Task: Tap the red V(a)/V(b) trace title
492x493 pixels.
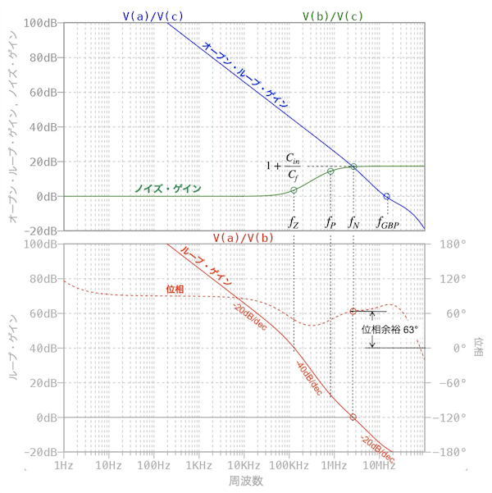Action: pos(244,237)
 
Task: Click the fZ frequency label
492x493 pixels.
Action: pos(294,221)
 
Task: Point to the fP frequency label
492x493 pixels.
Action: pos(330,221)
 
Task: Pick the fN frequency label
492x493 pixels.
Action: pos(353,221)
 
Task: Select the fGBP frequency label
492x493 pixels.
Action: pos(387,221)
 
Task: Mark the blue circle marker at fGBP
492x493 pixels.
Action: pos(386,196)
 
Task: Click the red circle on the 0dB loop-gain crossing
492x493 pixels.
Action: pos(353,417)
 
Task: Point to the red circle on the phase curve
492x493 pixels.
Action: pos(353,311)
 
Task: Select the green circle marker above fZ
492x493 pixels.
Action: pos(294,190)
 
